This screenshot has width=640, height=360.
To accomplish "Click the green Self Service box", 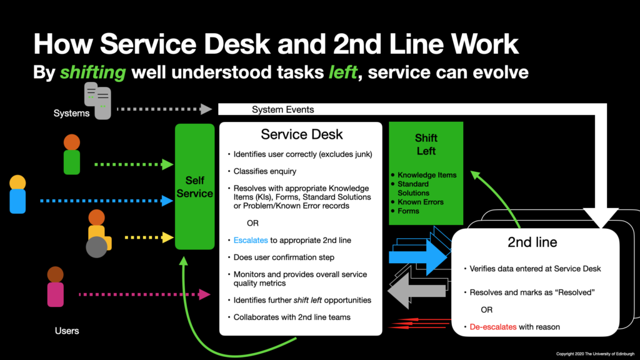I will tap(194, 187).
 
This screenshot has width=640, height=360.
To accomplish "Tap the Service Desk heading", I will tap(302, 134).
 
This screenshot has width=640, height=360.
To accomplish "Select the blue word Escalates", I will tap(251, 239).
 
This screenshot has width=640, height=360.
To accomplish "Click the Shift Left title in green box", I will tap(426, 144).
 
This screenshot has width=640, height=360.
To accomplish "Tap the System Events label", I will tap(282, 109).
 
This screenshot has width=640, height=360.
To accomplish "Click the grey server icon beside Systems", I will tap(97, 100).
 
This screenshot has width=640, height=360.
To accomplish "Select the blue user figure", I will tap(17, 195).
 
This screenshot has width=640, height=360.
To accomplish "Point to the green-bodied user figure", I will tap(72, 155).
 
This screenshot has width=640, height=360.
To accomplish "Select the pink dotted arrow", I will tap(144, 293).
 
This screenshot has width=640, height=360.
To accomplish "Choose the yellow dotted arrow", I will tap(149, 237).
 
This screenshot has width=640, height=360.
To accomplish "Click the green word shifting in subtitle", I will tap(92, 72).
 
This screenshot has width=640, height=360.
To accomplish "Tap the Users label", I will tap(66, 330).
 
